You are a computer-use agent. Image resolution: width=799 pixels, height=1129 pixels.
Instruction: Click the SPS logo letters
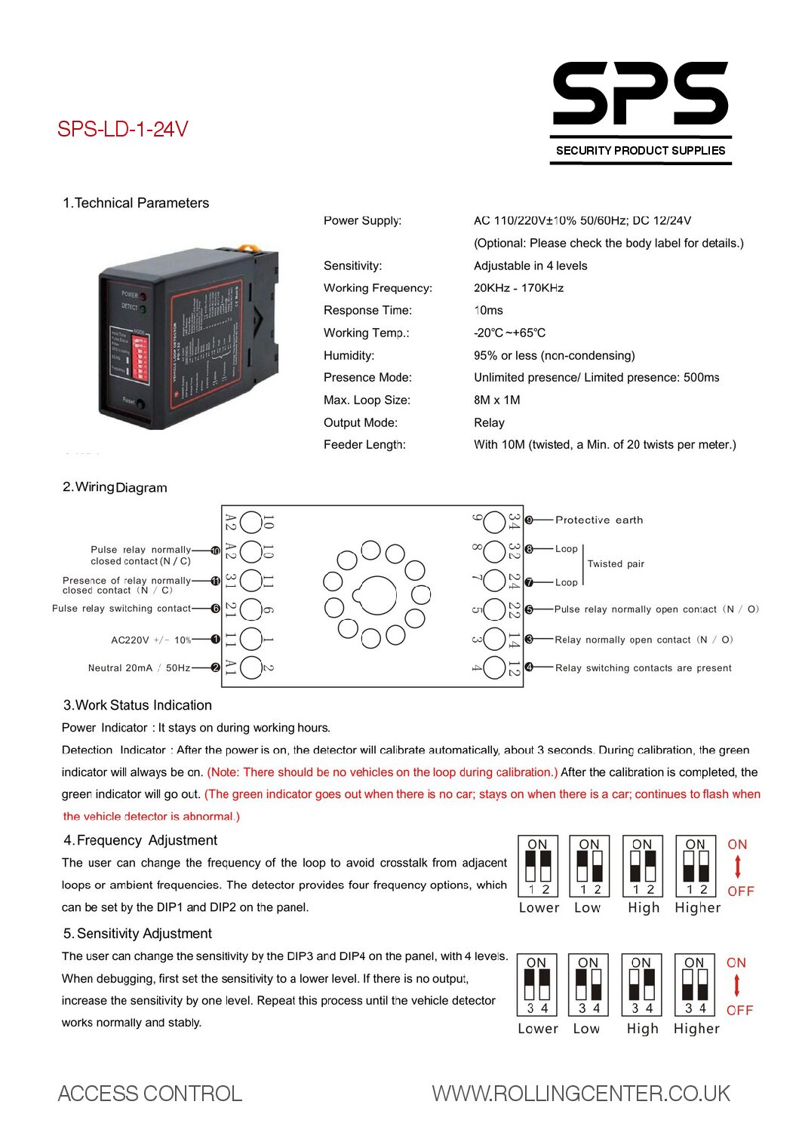(640, 94)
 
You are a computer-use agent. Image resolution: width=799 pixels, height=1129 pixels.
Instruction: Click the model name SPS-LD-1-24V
(123, 130)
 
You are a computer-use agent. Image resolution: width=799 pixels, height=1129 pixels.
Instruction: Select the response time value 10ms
(488, 311)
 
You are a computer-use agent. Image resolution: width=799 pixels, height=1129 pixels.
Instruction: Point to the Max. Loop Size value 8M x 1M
(496, 400)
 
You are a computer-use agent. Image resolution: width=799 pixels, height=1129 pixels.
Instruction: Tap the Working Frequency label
(377, 288)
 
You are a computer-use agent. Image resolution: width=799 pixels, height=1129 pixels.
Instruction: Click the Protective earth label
(599, 520)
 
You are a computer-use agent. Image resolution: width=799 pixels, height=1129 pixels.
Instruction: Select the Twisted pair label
(616, 564)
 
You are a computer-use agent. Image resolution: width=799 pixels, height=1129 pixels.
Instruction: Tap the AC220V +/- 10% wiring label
(151, 640)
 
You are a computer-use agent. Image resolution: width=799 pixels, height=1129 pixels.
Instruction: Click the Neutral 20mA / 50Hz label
(139, 668)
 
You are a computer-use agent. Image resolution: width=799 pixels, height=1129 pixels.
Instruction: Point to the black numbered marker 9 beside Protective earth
(529, 520)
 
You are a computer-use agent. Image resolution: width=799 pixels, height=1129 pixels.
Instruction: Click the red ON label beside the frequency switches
(737, 845)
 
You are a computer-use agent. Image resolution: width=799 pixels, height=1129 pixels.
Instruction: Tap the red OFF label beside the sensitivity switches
(739, 1011)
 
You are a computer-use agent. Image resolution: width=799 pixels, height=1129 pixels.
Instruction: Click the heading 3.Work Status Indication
(137, 706)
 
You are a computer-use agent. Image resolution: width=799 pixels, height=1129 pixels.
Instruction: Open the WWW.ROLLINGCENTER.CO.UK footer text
(581, 1094)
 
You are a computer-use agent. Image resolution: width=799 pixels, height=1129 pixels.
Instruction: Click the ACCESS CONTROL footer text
(150, 1094)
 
